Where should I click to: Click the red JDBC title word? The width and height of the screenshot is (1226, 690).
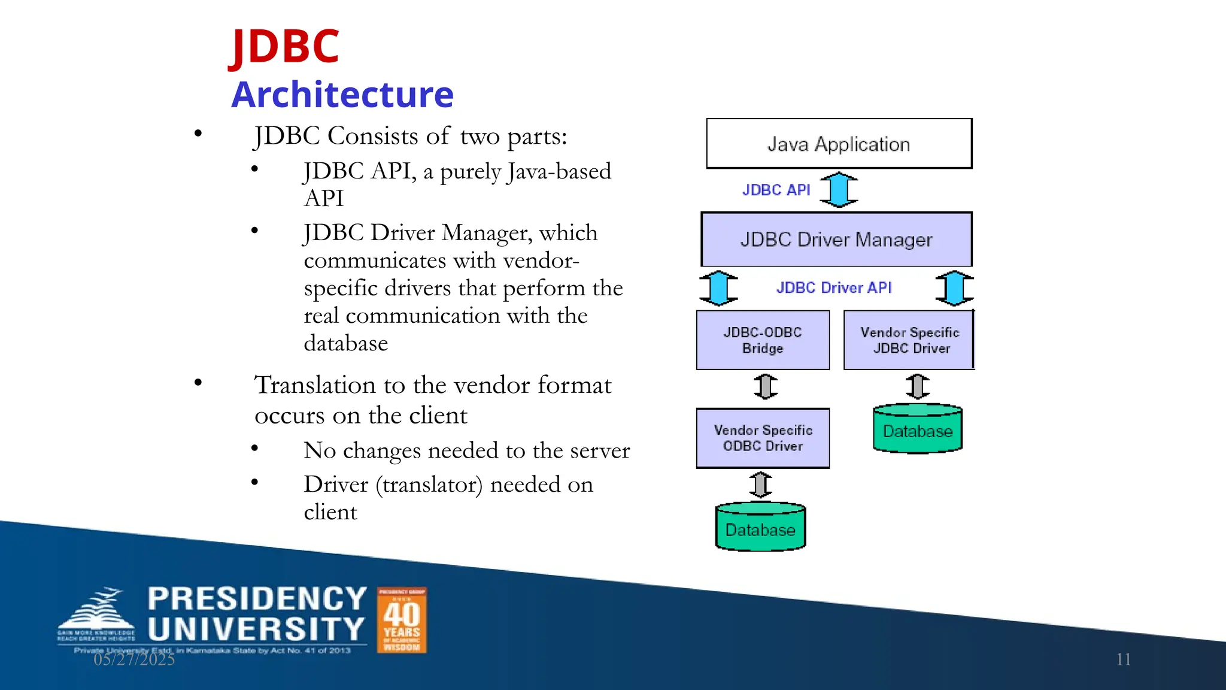pyautogui.click(x=285, y=47)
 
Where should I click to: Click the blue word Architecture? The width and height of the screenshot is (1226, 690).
pyautogui.click(x=342, y=95)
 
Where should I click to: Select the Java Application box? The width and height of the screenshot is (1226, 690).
pyautogui.click(x=839, y=144)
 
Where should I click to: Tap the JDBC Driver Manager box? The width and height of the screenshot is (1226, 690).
pyautogui.click(x=836, y=240)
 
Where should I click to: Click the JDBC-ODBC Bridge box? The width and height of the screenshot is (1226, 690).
pyautogui.click(x=763, y=340)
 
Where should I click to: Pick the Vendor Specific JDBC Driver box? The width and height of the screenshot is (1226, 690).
pyautogui.click(x=909, y=340)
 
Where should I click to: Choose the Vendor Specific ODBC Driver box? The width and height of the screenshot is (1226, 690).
pyautogui.click(x=763, y=438)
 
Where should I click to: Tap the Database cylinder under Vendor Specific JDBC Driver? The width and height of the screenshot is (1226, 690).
pyautogui.click(x=917, y=429)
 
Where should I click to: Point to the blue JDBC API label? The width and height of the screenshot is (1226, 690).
pyautogui.click(x=776, y=190)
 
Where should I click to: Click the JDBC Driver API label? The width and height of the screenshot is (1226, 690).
pyautogui.click(x=834, y=287)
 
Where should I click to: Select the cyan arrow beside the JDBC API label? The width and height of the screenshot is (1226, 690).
pyautogui.click(x=839, y=190)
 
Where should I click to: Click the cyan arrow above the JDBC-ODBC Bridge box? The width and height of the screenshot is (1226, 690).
pyautogui.click(x=718, y=288)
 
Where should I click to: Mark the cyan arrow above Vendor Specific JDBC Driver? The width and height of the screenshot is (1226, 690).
pyautogui.click(x=954, y=288)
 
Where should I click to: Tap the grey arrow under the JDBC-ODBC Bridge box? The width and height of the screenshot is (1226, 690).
pyautogui.click(x=766, y=386)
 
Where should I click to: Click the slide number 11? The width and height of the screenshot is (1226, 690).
pyautogui.click(x=1123, y=659)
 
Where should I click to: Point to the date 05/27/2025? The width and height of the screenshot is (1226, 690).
pyautogui.click(x=134, y=659)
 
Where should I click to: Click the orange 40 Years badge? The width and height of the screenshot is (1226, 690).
pyautogui.click(x=402, y=620)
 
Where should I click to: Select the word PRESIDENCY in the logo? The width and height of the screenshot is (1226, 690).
pyautogui.click(x=257, y=599)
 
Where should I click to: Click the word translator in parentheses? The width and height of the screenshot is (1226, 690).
pyautogui.click(x=429, y=485)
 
